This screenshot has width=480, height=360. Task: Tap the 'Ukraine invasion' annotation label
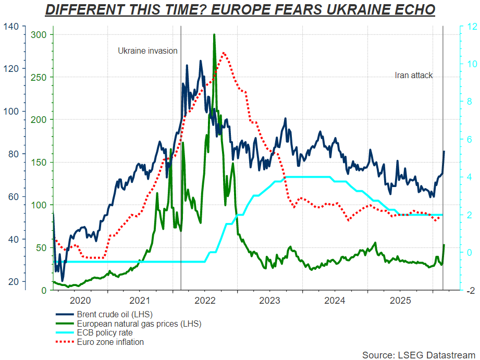point(147,51)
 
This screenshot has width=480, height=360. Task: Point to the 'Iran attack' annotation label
point(414,76)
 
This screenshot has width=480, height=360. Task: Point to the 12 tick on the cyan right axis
point(469,27)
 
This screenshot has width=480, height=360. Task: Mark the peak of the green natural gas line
point(214,35)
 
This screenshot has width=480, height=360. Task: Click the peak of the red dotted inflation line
point(224,53)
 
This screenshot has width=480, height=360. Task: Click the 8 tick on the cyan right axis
point(469,102)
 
